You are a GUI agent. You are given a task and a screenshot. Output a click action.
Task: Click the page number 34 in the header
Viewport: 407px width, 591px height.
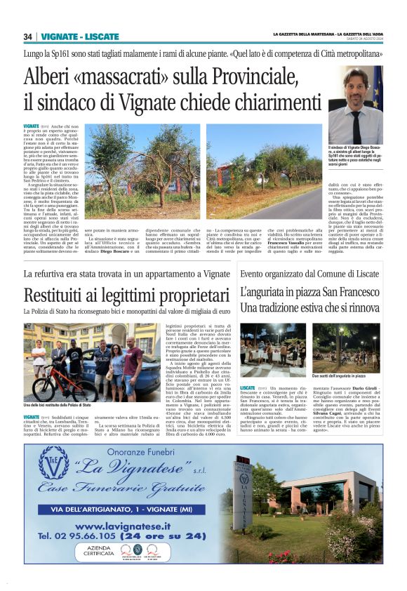[x=28, y=36]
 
